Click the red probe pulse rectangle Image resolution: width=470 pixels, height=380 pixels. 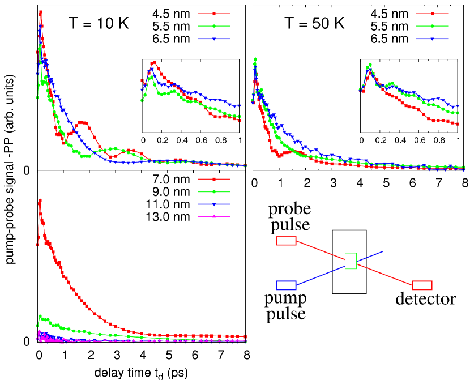click(x=286, y=241)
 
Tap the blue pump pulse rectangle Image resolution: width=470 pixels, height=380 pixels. click(x=286, y=285)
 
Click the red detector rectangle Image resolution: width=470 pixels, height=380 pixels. click(x=422, y=285)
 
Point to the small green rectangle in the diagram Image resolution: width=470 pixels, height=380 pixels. click(x=351, y=261)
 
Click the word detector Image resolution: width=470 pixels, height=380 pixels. click(x=426, y=299)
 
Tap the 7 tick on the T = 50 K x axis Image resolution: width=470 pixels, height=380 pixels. click(x=438, y=183)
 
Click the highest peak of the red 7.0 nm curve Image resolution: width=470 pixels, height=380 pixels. click(x=40, y=200)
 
